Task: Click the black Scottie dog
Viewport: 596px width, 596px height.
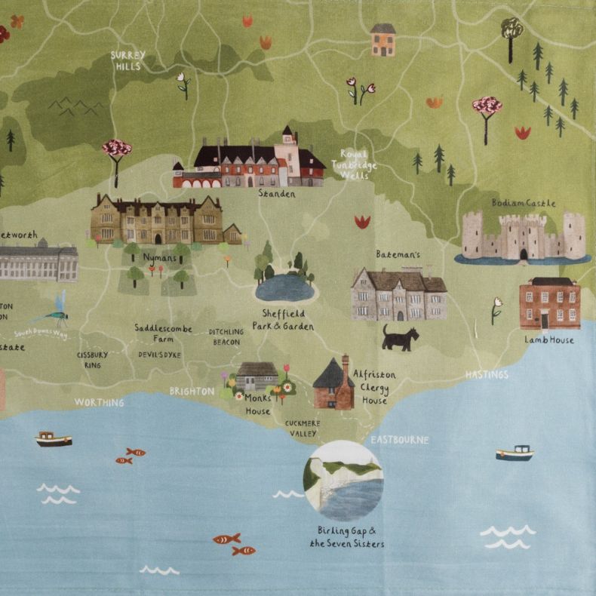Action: (399, 338)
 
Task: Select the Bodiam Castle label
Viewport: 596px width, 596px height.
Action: (523, 203)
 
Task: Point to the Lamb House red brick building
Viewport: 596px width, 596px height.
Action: (549, 303)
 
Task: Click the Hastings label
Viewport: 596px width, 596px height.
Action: (487, 374)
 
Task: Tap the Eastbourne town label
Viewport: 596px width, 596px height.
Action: (399, 439)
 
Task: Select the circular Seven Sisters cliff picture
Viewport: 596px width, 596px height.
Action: (343, 481)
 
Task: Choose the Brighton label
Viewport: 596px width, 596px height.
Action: (192, 392)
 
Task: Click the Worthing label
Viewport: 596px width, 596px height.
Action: (99, 403)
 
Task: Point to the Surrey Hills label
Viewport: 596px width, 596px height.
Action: (128, 60)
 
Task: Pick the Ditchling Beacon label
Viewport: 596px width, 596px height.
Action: (226, 336)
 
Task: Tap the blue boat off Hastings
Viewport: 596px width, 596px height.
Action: (515, 453)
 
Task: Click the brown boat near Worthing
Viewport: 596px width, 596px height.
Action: (54, 439)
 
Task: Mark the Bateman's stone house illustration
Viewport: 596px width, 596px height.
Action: (398, 294)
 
